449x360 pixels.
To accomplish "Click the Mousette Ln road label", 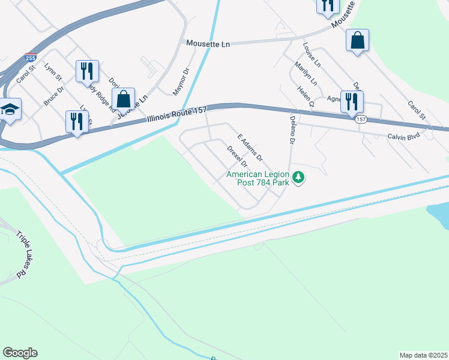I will [208, 43].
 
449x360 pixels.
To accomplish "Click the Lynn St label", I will [53, 72].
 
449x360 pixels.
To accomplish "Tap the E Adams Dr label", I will [250, 148].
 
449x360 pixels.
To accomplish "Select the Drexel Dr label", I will [237, 157].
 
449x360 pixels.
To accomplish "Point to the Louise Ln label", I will [312, 54].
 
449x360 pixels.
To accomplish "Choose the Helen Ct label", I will [306, 96].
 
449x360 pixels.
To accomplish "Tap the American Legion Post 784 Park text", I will [258, 178].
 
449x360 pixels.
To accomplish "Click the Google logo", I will [20, 352].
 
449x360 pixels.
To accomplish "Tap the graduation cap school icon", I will [10, 110].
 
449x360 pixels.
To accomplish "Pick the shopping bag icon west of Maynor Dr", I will [124, 100].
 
